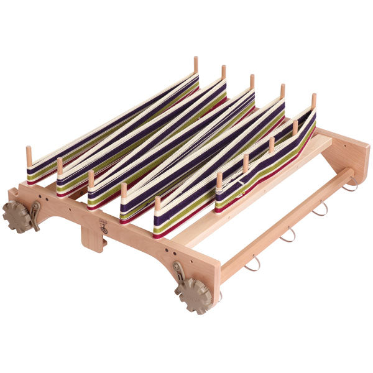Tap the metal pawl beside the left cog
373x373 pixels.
click(35, 213)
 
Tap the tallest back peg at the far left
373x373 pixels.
click(196, 64)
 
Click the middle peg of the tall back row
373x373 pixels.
click(252, 82)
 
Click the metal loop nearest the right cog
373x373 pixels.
click(252, 264)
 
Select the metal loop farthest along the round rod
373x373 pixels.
click(349, 184)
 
